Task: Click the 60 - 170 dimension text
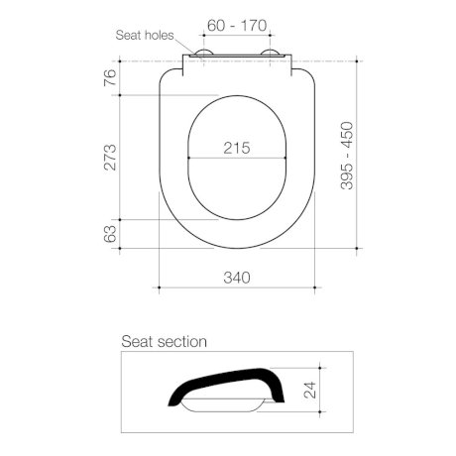pyautogui.click(x=237, y=22)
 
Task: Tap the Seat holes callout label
pyautogui.click(x=145, y=35)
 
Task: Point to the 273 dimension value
pyautogui.click(x=111, y=157)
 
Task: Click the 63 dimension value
pyautogui.click(x=111, y=234)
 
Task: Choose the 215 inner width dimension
pyautogui.click(x=236, y=148)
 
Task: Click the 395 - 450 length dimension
pyautogui.click(x=346, y=158)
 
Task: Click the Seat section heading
pyautogui.click(x=164, y=341)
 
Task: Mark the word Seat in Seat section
pyautogui.click(x=138, y=341)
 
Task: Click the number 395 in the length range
pyautogui.click(x=346, y=179)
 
